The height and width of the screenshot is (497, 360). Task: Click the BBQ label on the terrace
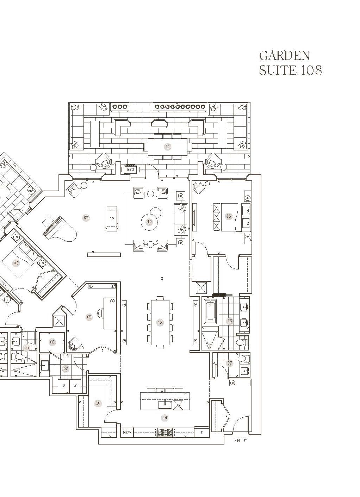pyautogui.click(x=130, y=169)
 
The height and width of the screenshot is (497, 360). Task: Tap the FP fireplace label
pyautogui.click(x=112, y=219)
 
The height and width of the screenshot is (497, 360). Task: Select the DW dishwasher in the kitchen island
pyautogui.click(x=178, y=405)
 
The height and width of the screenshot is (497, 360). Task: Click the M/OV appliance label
pyautogui.click(x=127, y=432)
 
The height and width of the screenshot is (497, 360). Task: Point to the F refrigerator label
pyautogui.click(x=202, y=432)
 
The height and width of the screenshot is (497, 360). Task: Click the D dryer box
pyautogui.click(x=64, y=386)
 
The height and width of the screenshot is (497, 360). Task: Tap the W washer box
pyautogui.click(x=75, y=386)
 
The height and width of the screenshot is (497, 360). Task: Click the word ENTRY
pyautogui.click(x=241, y=441)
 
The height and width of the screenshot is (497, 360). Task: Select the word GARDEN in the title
pyautogui.click(x=285, y=55)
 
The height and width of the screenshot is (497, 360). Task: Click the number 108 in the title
pyautogui.click(x=311, y=70)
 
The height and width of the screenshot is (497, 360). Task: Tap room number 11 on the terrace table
pyautogui.click(x=168, y=147)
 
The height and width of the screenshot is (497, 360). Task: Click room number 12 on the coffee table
pyautogui.click(x=149, y=222)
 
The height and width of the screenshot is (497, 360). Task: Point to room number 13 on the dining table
pyautogui.click(x=160, y=322)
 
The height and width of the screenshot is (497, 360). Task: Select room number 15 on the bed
pyautogui.click(x=229, y=216)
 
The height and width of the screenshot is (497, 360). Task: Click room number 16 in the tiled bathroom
pyautogui.click(x=230, y=321)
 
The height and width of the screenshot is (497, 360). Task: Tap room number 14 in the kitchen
pyautogui.click(x=165, y=418)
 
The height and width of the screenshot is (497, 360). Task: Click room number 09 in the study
pyautogui.click(x=89, y=317)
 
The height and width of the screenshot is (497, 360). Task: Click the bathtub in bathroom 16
pyautogui.click(x=210, y=311)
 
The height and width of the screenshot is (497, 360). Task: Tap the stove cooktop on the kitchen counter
pyautogui.click(x=165, y=432)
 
